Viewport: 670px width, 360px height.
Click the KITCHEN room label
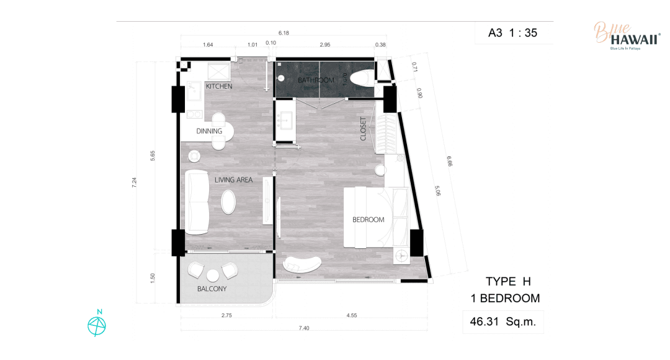point(219,86)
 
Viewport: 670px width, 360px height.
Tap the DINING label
point(209,131)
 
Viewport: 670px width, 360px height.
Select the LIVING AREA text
point(233,180)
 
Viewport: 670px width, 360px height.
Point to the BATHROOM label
point(316,81)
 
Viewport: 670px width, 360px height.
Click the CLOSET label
point(363,128)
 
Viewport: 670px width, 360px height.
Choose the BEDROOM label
point(368,220)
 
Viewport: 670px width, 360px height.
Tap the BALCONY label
point(212,289)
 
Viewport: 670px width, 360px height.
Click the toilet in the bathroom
point(362,79)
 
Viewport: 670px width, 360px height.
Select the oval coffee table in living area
point(228,202)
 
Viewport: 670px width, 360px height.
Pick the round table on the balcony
point(213,276)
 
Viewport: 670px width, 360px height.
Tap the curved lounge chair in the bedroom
point(302,264)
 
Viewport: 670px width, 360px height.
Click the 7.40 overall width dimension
point(304,328)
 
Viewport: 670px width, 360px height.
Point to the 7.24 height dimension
point(135,182)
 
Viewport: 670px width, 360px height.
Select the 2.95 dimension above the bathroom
point(324,45)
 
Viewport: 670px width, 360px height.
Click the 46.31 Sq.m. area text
point(502,322)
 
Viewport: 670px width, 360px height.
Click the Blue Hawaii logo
point(627,36)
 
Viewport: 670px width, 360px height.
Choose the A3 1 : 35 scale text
point(513,33)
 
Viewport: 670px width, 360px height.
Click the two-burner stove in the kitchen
point(194,115)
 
